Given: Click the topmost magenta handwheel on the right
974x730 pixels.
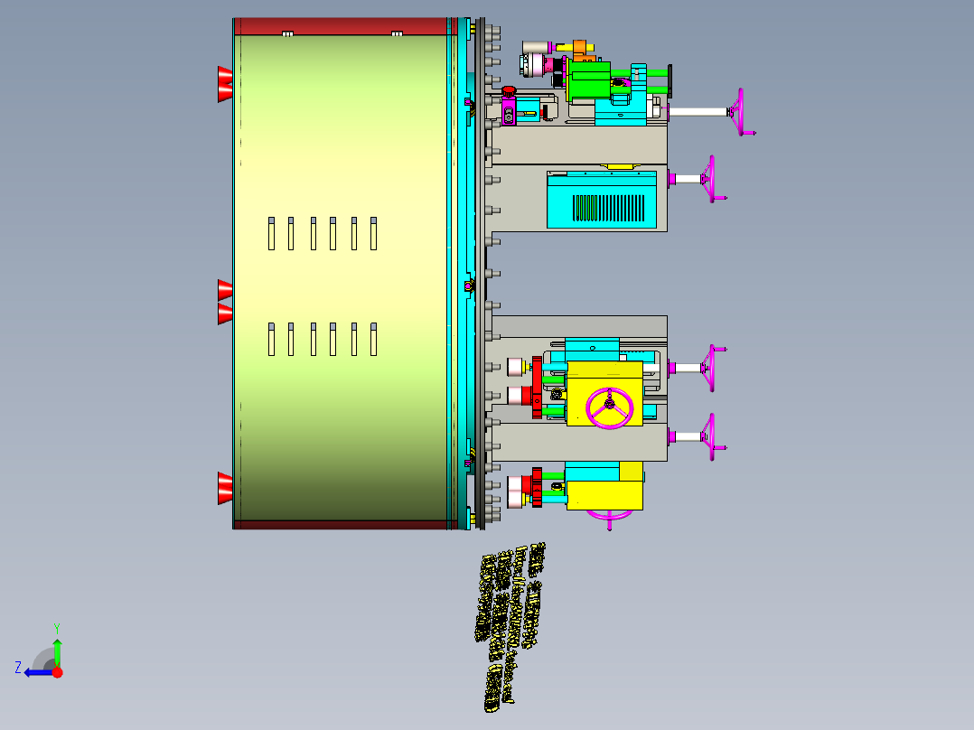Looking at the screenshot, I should pos(743,112).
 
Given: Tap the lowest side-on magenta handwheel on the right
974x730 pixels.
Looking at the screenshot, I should pos(713,437).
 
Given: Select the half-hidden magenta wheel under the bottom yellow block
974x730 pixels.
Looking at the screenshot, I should pos(610,516).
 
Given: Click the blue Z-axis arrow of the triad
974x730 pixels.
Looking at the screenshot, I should pos(36,672).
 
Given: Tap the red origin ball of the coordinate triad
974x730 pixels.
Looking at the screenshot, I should pos(58,672).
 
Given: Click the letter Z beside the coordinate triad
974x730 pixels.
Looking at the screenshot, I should pos(17,668).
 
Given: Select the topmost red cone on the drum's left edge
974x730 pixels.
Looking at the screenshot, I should pos(224,84).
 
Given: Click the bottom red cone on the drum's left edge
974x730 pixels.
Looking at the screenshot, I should pos(224,488).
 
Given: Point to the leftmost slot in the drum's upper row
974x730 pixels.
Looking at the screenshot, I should pos(271,233).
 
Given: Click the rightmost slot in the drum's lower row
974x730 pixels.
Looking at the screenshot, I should pos(374,338).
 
